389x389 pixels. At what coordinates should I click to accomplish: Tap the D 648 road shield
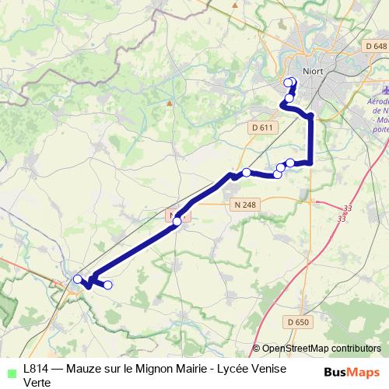pos(375,47)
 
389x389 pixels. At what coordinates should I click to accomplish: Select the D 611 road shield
pos(263,127)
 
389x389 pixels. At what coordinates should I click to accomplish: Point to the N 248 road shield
pos(244,205)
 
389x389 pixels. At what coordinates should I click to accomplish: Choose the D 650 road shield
pos(297,321)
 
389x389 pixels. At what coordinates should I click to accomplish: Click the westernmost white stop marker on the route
pos(77,279)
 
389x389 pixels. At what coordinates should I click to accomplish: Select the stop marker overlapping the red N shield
pos(177,222)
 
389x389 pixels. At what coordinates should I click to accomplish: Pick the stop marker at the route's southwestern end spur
pos(108,286)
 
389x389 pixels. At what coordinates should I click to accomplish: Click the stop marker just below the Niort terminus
pos(289,98)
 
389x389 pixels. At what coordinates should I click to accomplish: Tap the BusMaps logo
pos(352,371)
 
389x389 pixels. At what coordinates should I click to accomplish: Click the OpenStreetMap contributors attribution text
pos(321,348)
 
